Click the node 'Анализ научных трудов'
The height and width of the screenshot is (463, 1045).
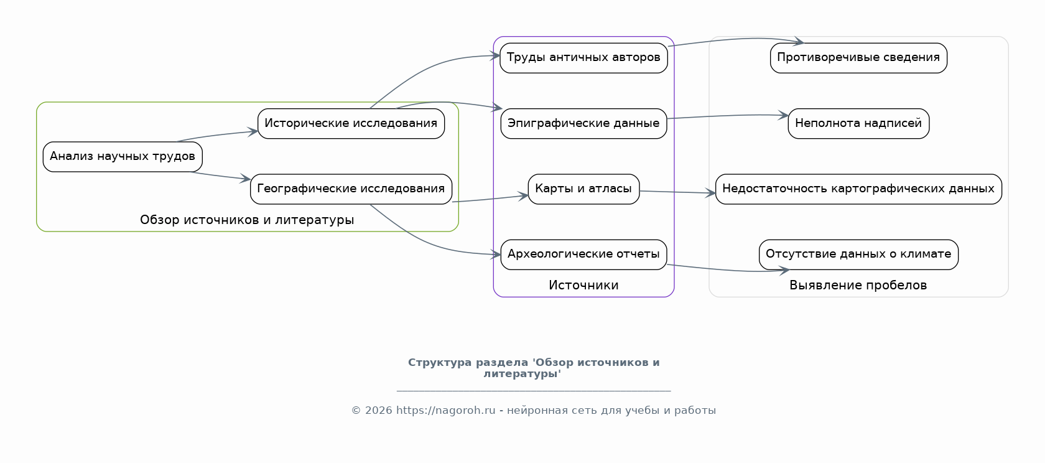tap(123, 157)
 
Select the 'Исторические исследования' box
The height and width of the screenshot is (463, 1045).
tap(351, 124)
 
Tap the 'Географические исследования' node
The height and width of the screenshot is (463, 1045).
tap(351, 189)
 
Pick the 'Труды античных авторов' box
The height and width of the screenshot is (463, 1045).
tap(583, 58)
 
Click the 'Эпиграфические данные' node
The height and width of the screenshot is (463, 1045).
tap(583, 124)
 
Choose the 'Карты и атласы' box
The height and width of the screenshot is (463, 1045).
tap(583, 189)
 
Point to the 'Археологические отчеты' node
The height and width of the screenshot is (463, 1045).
tap(583, 255)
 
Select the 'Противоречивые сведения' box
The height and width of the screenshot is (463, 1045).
tap(858, 58)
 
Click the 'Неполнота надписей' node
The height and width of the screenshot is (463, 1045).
tap(858, 124)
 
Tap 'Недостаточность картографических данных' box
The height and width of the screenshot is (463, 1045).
tap(858, 189)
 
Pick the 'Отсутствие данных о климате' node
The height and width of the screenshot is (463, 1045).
tap(858, 255)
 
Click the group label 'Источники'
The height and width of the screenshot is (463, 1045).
tap(583, 285)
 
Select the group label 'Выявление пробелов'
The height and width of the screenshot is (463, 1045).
tap(858, 285)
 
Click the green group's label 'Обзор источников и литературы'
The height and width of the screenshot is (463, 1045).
tap(248, 220)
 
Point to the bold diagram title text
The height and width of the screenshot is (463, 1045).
tap(534, 368)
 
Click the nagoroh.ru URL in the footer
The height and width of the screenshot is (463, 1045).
tap(445, 410)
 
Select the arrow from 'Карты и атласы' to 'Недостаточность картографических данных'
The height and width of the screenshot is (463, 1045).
tap(677, 192)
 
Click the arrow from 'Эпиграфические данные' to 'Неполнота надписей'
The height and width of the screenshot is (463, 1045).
tap(728, 116)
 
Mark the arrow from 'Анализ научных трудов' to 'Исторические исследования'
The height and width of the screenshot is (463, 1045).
tap(218, 136)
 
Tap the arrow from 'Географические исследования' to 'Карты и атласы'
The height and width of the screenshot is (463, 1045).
tap(490, 199)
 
